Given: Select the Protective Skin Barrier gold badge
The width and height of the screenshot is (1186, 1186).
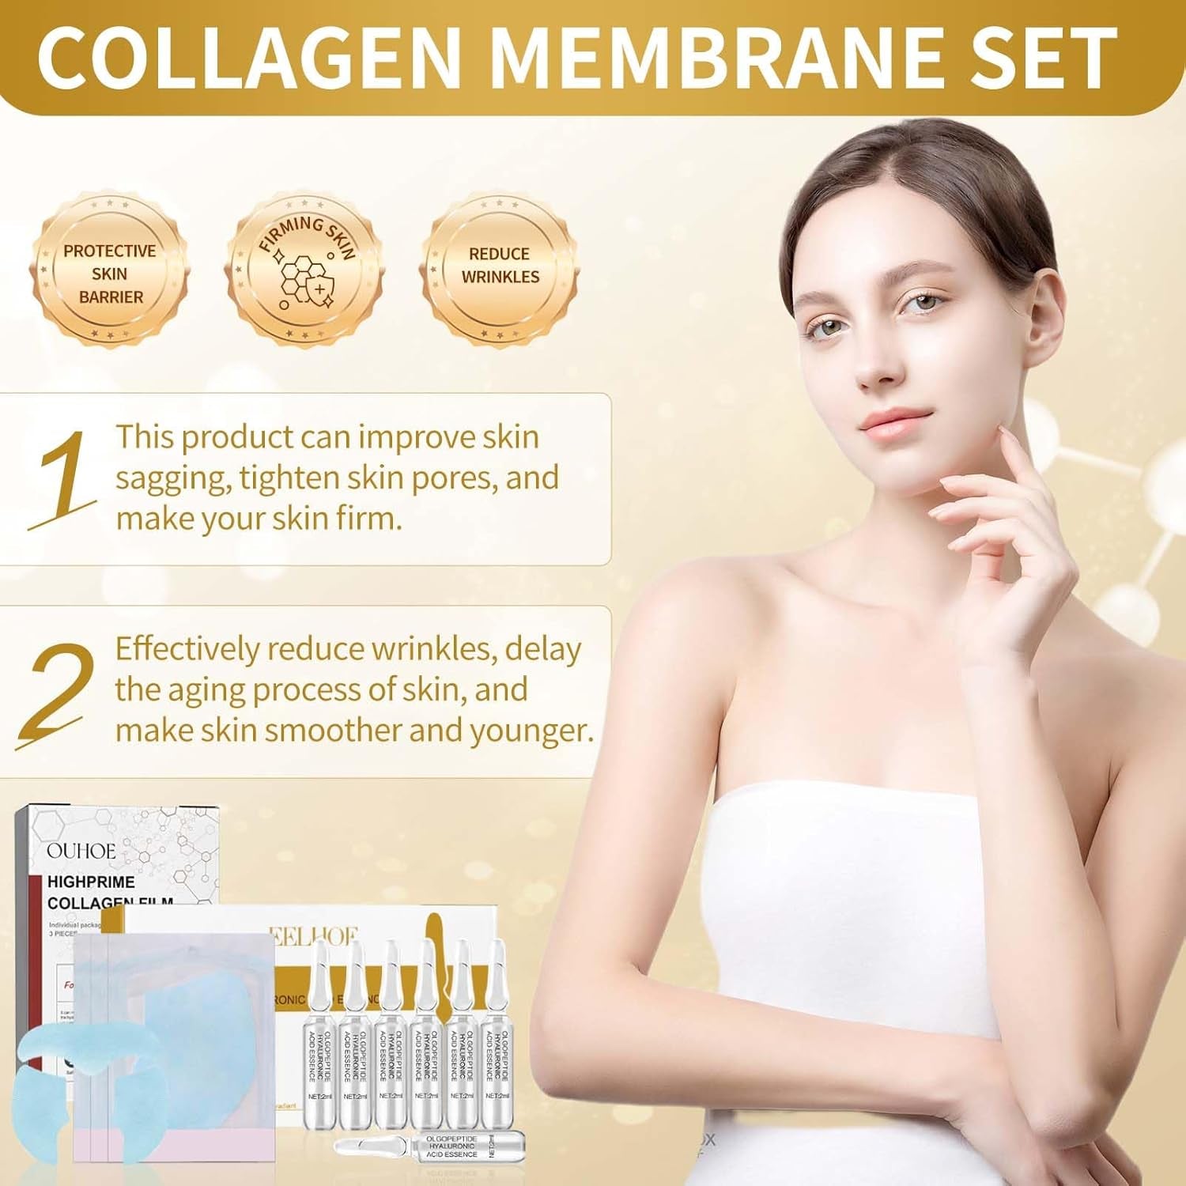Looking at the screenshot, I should pos(110,273).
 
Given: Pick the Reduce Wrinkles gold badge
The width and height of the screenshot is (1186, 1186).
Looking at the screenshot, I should pos(500,266).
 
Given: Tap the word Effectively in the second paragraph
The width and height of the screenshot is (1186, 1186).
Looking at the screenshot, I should pos(187,649).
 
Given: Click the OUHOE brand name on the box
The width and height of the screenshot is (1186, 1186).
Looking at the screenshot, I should pos(81,852).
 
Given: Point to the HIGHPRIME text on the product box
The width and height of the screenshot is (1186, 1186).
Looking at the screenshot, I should pos(91,882).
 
